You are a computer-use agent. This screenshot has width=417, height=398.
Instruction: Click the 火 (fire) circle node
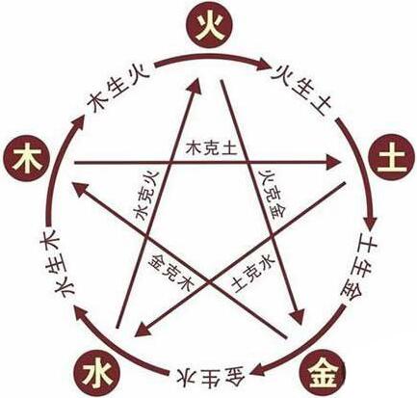209,26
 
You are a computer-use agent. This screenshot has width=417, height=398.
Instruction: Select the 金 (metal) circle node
322,374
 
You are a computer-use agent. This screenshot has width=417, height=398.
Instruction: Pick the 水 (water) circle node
96,374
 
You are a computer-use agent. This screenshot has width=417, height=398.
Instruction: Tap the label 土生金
359,267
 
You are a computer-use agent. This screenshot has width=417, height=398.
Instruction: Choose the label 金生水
210,374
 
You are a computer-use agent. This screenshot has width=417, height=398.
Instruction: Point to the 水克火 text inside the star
147,196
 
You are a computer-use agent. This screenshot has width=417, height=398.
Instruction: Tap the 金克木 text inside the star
172,272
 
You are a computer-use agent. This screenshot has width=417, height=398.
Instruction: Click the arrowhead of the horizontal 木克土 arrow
334,163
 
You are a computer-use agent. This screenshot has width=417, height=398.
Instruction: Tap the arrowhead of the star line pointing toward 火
195,85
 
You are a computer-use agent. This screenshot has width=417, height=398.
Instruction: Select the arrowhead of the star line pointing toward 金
297,316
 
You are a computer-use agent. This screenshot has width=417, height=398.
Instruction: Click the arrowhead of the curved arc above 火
263,65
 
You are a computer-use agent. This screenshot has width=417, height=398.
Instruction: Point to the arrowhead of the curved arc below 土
370,223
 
